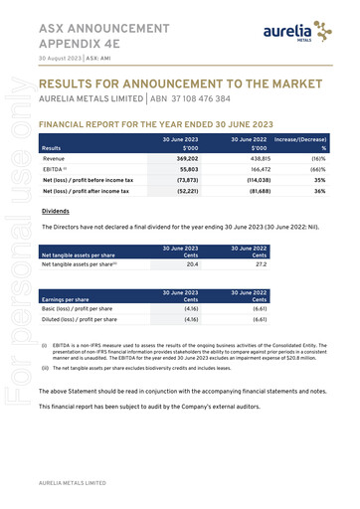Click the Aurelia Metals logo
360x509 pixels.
coord(297,32)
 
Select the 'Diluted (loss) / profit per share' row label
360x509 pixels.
coord(80,320)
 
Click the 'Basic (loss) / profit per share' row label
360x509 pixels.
coord(78,307)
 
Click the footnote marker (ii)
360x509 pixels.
coord(45,367)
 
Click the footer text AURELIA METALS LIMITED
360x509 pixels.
coord(72,483)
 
